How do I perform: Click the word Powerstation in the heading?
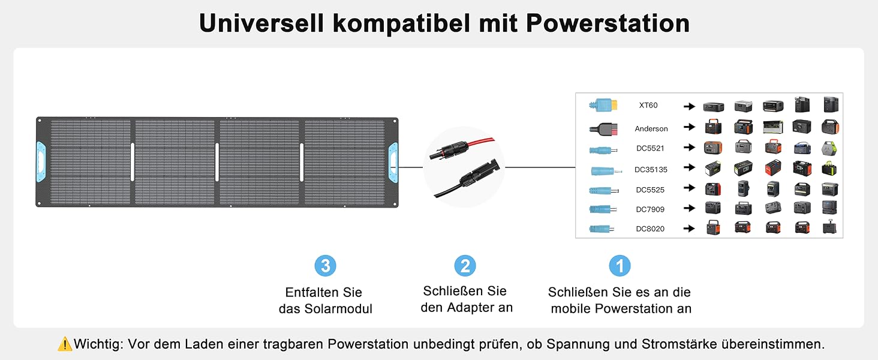(608, 23)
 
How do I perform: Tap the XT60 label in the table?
(648, 105)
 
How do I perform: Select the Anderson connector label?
(651, 128)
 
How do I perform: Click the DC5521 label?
(650, 148)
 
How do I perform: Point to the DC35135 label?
(651, 169)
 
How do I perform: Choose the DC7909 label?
(650, 209)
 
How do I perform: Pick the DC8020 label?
(650, 229)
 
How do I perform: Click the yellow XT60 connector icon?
(603, 105)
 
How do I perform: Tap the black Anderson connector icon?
(603, 128)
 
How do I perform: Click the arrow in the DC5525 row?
(689, 188)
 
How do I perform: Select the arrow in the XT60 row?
(689, 106)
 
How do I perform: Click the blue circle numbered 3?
(325, 266)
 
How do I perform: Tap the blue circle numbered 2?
(465, 266)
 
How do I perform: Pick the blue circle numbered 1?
(620, 266)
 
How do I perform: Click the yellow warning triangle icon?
(65, 344)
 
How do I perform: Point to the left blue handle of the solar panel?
(41, 162)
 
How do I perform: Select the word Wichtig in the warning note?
(98, 344)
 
